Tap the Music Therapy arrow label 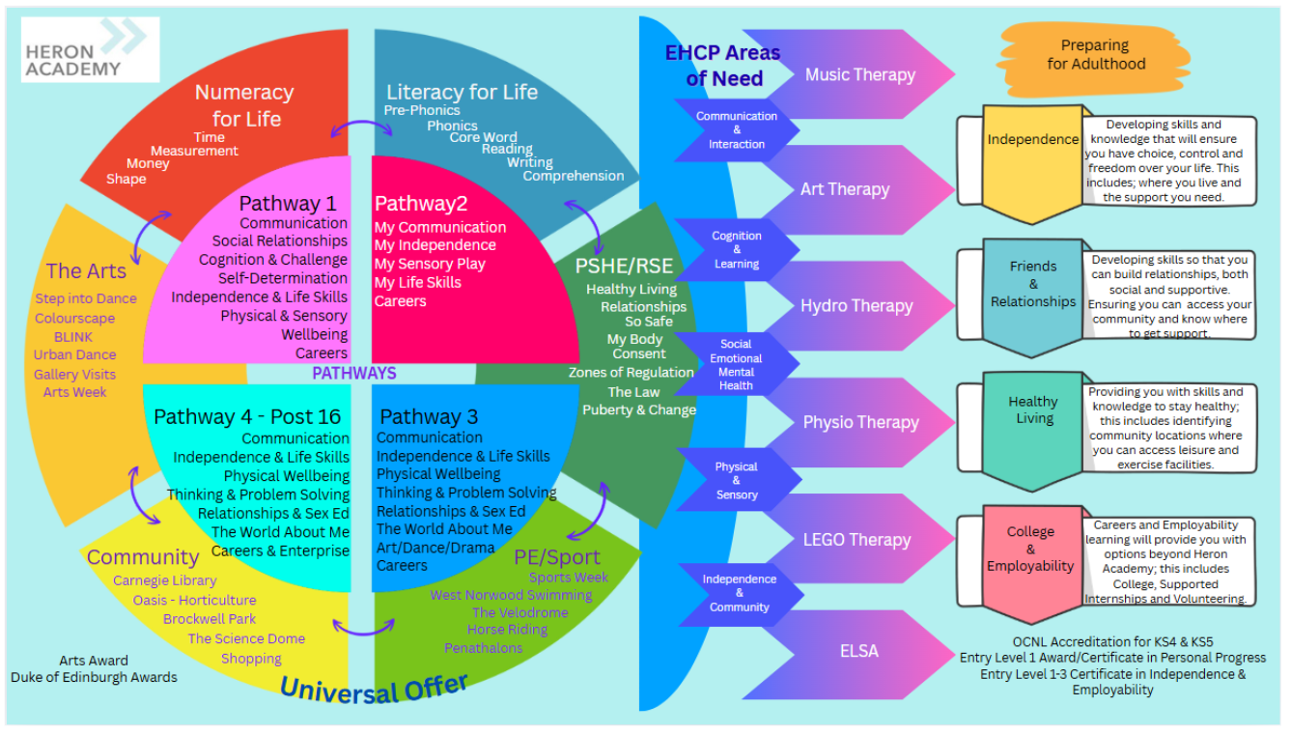859,74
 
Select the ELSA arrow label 858,651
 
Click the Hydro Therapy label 856,306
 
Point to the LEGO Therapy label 856,540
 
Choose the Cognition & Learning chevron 737,250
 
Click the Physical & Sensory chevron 737,481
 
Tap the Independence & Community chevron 739,593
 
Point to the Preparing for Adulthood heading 1095,55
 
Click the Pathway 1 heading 288,203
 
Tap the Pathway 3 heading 429,417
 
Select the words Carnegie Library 164,580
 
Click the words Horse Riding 507,630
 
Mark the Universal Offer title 375,689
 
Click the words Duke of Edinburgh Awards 94,677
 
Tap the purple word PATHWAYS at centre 353,374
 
